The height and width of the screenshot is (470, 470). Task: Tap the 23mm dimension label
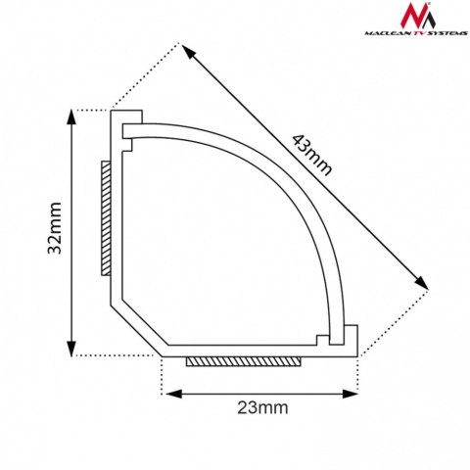click(x=259, y=407)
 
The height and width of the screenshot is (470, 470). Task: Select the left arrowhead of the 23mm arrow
click(x=169, y=393)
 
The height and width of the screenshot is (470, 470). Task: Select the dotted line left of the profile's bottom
click(x=113, y=354)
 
